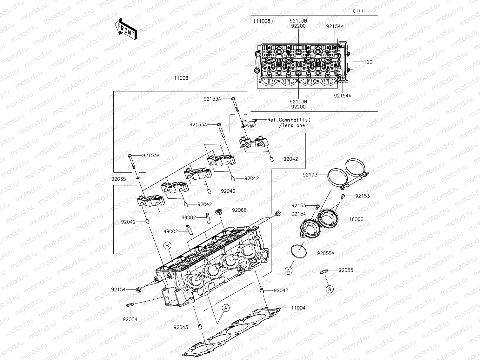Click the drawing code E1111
coord(359,11)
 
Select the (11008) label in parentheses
coord(263,21)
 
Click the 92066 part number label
coord(239,210)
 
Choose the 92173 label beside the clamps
coord(310,175)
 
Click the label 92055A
coord(326,254)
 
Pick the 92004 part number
coord(130,319)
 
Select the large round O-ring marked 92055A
coord(299,251)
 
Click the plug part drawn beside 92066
coord(218,211)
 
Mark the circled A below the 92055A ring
coord(288,270)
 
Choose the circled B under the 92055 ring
coord(330,289)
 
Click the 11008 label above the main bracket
coord(181,78)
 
